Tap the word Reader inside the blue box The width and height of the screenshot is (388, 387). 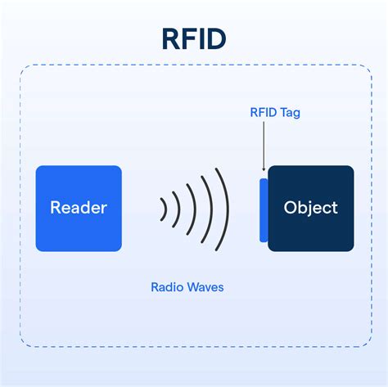79,208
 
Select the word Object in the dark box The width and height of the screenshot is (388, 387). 310,208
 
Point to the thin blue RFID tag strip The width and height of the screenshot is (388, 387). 264,209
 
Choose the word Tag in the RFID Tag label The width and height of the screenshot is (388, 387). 288,113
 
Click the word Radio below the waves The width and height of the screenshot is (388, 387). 167,287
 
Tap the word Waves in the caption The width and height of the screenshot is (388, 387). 205,287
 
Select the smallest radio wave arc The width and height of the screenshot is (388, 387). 165,209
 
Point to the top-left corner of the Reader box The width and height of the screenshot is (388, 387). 38,168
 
